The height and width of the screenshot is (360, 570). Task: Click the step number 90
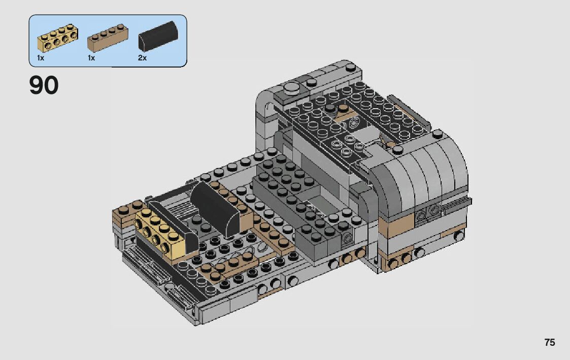[44, 85]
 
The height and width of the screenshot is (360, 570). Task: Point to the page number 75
[550, 342]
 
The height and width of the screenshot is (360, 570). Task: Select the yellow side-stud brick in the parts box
[58, 38]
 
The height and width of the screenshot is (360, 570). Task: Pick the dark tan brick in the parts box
[108, 38]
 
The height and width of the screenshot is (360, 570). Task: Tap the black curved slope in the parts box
[158, 36]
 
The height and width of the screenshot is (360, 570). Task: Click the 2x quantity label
[142, 58]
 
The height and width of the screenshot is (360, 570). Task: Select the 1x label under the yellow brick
[40, 58]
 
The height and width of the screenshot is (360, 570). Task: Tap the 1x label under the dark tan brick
[91, 58]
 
